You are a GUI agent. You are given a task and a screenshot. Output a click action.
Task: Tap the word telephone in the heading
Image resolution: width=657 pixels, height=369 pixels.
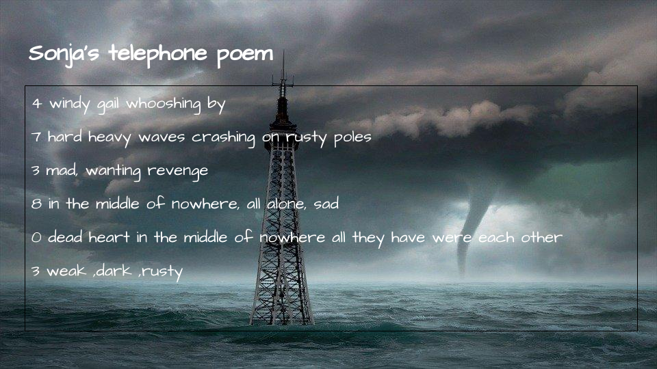158,53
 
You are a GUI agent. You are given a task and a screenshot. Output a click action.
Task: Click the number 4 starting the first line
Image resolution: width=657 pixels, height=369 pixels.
37,103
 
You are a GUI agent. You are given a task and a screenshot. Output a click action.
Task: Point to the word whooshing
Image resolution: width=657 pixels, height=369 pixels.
164,104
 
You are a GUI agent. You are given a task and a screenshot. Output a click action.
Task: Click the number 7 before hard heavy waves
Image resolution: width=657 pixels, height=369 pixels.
36,137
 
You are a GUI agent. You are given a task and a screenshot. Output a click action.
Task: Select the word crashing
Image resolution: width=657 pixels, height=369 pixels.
223,137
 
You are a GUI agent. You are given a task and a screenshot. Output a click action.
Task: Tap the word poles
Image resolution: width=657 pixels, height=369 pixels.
352,137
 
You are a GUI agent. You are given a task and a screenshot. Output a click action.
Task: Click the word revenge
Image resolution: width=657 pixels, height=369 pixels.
178,172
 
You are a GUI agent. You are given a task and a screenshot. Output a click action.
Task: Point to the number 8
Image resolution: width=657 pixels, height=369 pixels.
36,204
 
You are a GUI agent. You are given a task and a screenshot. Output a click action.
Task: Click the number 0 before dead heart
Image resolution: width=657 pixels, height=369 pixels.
36,238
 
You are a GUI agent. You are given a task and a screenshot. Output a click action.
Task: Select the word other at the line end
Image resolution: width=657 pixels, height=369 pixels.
541,237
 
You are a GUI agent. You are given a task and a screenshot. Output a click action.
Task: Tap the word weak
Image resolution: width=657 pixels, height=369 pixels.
66,271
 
